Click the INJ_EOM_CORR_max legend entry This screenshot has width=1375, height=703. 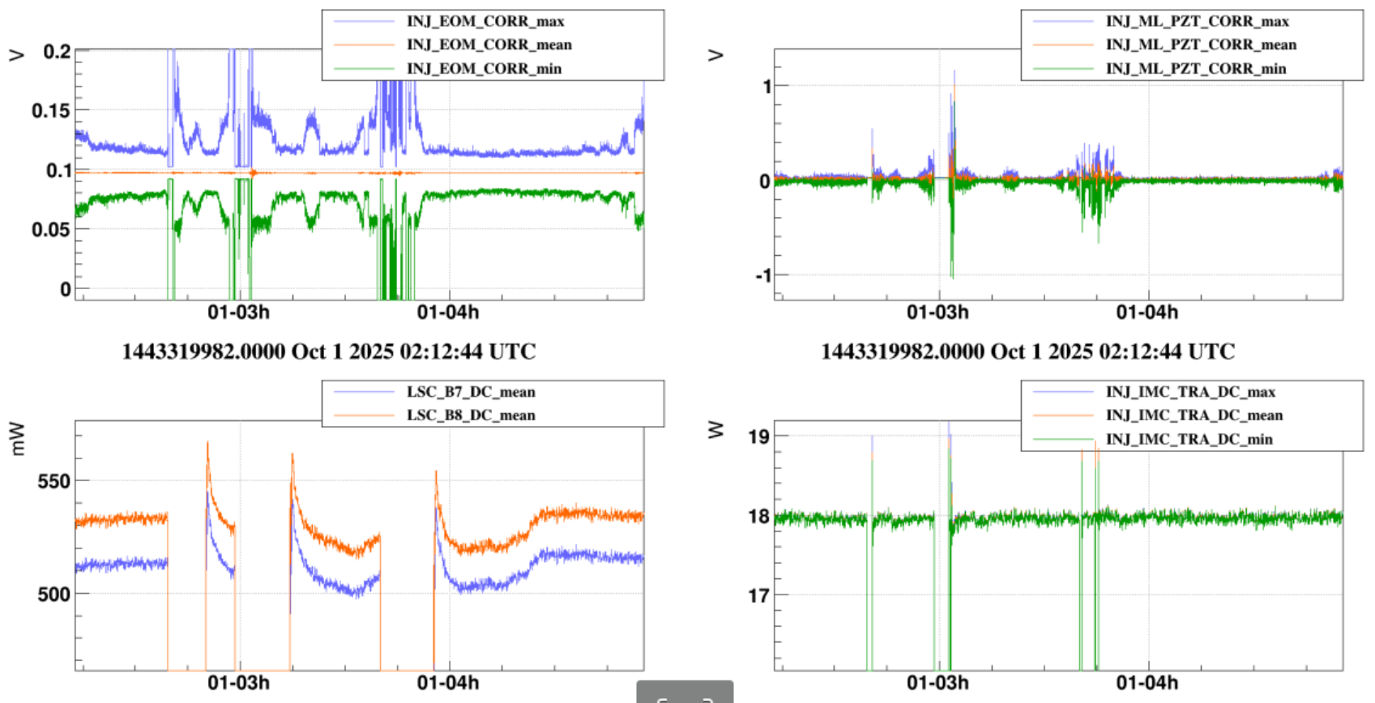click(x=485, y=21)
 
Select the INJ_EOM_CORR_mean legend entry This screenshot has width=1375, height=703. click(x=489, y=45)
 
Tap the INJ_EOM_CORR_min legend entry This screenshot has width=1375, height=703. click(x=484, y=69)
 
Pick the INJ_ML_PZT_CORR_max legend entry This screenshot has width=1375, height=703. click(x=1197, y=21)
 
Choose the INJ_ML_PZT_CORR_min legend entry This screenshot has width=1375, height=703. click(x=1196, y=69)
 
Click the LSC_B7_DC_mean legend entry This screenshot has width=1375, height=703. click(x=471, y=392)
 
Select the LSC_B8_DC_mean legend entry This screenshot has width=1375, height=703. click(x=471, y=415)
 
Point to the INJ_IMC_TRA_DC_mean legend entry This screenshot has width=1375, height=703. click(x=1194, y=415)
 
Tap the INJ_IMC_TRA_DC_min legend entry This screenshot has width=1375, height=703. click(x=1189, y=439)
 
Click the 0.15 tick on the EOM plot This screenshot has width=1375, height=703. click(x=51, y=110)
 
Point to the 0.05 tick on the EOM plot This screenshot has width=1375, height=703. click(x=51, y=229)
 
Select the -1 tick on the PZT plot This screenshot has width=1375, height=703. click(x=762, y=275)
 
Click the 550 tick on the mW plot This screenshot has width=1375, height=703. click(x=53, y=481)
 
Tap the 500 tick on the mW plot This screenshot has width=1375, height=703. click(x=53, y=594)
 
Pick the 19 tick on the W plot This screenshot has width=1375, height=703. click(x=758, y=437)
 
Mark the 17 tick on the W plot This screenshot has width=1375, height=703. click(x=758, y=596)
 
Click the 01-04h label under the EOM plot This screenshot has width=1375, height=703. click(x=447, y=313)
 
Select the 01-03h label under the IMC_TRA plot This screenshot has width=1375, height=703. click(x=937, y=683)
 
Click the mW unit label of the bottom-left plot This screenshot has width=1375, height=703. click(x=17, y=438)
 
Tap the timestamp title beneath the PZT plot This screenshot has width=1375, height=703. click(x=1027, y=351)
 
